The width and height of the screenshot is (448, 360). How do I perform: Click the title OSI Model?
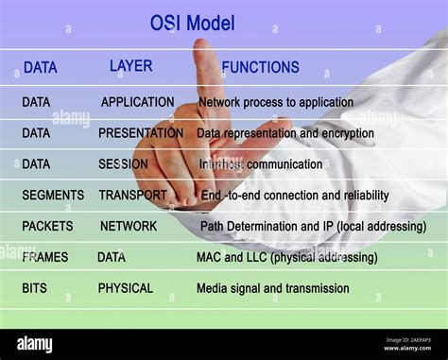(192, 23)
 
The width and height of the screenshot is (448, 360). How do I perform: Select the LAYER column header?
(130, 66)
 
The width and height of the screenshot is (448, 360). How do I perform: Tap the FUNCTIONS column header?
(260, 67)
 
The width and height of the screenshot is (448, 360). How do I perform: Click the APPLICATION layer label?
(137, 102)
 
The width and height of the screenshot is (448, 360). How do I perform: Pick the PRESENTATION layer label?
(141, 133)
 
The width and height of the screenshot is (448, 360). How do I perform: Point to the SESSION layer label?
(123, 164)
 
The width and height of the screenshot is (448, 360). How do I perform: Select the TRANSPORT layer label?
(132, 196)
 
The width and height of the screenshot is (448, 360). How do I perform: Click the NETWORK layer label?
(129, 227)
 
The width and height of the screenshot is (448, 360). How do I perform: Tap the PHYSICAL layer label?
(126, 288)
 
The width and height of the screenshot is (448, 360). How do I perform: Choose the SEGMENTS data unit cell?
(53, 196)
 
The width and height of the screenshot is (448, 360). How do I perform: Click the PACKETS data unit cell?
(47, 227)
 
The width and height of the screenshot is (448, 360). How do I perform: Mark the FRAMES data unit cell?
(45, 257)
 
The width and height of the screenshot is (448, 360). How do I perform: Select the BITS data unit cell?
(34, 288)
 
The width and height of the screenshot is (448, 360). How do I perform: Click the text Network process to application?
(275, 102)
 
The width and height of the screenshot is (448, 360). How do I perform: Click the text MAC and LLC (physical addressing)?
(286, 257)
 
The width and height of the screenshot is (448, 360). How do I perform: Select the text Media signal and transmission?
(272, 288)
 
